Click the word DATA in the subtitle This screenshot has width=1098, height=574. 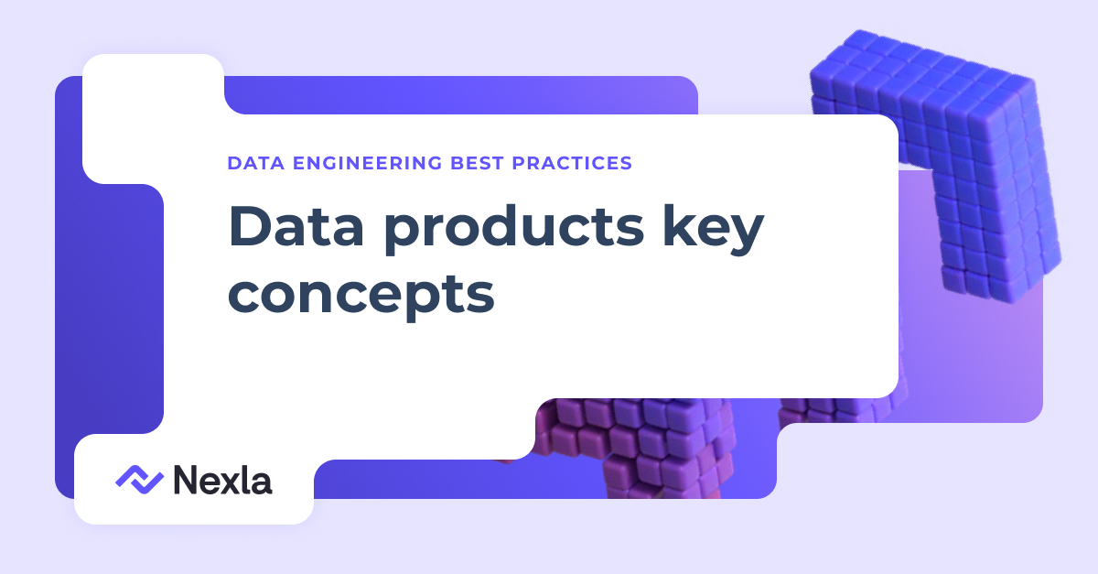click(252, 164)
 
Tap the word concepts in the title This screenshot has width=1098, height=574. click(361, 294)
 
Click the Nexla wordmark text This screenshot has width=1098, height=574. click(222, 480)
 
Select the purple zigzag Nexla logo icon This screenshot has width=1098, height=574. click(139, 479)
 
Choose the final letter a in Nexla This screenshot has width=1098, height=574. click(262, 482)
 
